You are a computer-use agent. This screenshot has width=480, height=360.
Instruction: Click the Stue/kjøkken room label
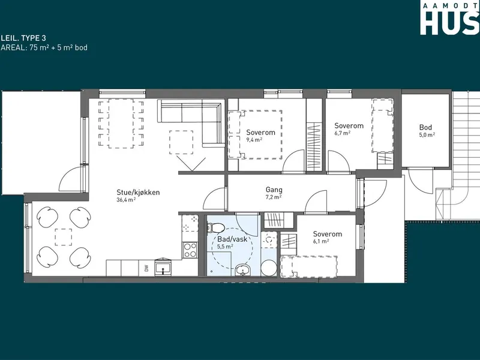coord(138,193)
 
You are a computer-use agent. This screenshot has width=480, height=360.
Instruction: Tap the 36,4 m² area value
coord(126,200)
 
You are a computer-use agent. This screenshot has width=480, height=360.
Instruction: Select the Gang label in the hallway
coord(274,190)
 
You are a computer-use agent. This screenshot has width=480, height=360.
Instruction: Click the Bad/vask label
coord(232,239)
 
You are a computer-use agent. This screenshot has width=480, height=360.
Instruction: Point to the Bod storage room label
coord(425,127)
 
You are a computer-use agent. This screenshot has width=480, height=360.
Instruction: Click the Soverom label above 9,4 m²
coord(261,133)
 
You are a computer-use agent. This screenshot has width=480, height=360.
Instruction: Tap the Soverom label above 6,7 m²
coord(349,126)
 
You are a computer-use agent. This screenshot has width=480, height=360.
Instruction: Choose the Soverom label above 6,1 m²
coord(327,234)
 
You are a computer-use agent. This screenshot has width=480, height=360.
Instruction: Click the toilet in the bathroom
coord(215,227)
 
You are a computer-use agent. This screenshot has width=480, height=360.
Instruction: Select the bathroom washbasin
coord(243,269)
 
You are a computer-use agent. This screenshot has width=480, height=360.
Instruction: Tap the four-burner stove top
coord(190,250)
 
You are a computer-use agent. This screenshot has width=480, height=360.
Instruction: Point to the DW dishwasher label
coord(146,268)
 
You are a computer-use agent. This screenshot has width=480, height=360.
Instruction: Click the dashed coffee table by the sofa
coord(181,142)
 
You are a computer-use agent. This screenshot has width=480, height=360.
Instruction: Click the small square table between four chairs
coord(64,237)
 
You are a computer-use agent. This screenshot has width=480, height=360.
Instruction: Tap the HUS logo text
coord(449,22)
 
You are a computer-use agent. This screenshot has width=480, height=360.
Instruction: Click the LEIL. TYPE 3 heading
coord(23,38)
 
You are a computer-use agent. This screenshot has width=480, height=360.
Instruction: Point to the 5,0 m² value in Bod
coord(427,134)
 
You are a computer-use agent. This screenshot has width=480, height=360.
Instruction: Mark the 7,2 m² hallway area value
coord(274,197)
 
